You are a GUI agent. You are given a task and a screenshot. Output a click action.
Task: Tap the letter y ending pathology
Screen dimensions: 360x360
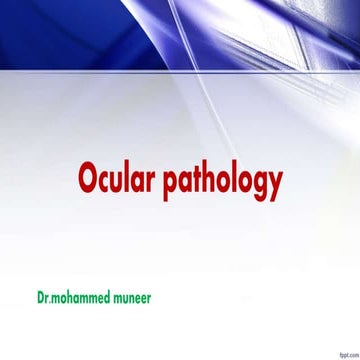(x=275, y=186)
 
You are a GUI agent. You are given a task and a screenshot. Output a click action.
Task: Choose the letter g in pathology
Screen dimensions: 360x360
(x=258, y=186)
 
